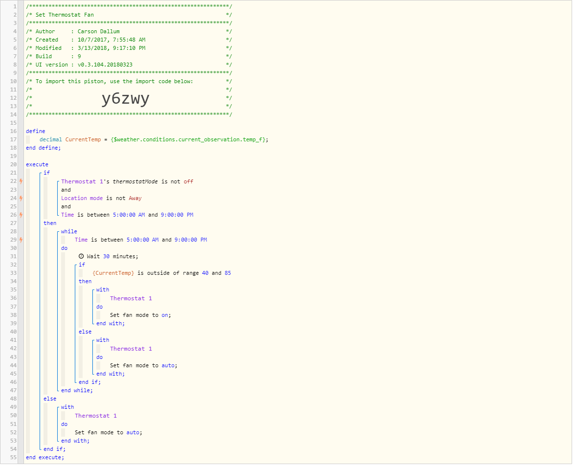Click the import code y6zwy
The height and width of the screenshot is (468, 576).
point(125,99)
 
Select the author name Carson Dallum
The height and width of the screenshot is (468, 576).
point(98,32)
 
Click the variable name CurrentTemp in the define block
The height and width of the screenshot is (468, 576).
point(83,139)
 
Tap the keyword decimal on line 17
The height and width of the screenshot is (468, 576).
point(51,139)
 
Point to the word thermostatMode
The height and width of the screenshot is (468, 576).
point(135,181)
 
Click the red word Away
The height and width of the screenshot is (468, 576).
point(135,199)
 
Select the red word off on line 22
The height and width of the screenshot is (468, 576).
point(188,181)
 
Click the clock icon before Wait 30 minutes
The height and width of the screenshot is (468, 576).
point(81,256)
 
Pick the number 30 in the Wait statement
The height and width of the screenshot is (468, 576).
point(106,256)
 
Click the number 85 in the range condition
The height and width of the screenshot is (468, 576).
point(228,273)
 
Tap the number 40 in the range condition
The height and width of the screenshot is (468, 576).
point(205,273)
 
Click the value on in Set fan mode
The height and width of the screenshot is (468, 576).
point(165,315)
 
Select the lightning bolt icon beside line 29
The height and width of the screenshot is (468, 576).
point(21,240)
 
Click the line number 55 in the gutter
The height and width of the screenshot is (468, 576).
point(13,457)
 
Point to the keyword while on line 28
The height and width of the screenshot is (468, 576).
point(69,231)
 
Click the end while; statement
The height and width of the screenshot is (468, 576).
point(77,391)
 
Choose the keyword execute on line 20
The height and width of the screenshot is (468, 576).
point(37,165)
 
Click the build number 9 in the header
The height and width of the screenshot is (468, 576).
point(79,57)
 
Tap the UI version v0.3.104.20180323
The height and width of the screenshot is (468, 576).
point(105,65)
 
